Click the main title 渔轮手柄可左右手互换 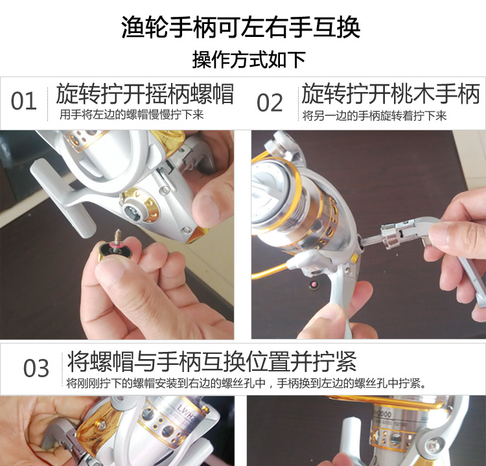coord(240,27)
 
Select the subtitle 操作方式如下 coord(249,60)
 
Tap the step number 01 coord(23,101)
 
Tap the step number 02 coord(270,102)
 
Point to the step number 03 coord(36,368)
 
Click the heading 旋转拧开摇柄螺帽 coord(145,93)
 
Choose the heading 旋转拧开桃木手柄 coord(390,93)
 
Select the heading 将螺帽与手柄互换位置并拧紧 coord(211,362)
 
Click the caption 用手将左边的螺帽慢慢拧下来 coord(132,115)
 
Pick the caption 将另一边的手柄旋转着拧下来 coord(374,116)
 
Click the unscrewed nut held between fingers coord(115,250)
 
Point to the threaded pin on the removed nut coord(117,237)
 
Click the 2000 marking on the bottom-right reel coord(382,414)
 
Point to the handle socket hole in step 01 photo coord(134,213)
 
